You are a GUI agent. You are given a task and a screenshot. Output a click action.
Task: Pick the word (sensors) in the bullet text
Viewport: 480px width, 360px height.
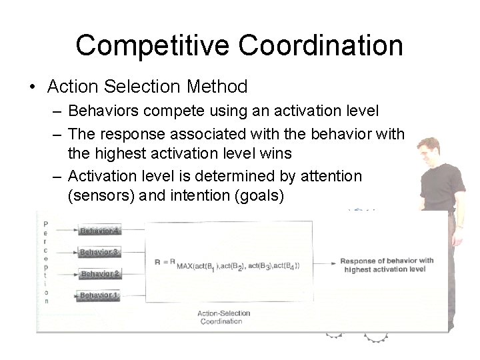tap(101, 197)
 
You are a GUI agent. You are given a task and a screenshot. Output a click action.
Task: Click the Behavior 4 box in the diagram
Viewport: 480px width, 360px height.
tap(99, 231)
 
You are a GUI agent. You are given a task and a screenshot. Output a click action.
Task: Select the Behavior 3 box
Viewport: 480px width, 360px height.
tap(99, 253)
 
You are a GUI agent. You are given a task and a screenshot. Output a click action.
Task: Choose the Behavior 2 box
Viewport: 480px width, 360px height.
tap(99, 274)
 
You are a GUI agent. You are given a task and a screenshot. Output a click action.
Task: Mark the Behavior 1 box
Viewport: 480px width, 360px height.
tap(99, 295)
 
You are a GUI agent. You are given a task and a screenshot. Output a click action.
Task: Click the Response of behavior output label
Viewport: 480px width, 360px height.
tap(387, 265)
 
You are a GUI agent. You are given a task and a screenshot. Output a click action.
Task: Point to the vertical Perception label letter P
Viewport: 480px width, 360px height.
tap(46, 225)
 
